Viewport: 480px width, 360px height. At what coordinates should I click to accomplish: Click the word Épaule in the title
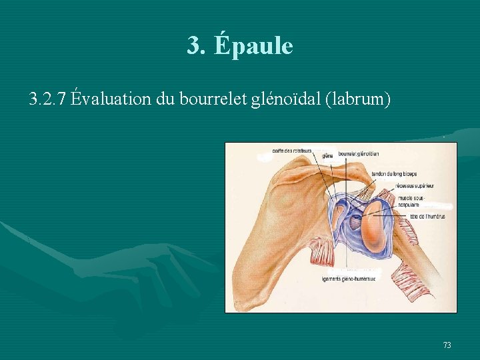[x=254, y=45]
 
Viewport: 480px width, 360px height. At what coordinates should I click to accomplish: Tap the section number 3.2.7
[x=47, y=99]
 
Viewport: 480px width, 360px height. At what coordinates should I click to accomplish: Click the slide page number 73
[x=447, y=345]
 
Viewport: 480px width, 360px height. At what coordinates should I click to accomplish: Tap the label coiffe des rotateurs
[x=292, y=149]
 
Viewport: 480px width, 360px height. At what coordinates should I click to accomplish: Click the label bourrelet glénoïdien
[x=359, y=154]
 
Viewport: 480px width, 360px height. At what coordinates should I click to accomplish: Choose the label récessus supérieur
[x=415, y=186]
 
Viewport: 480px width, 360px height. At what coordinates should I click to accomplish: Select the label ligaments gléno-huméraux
[x=348, y=279]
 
